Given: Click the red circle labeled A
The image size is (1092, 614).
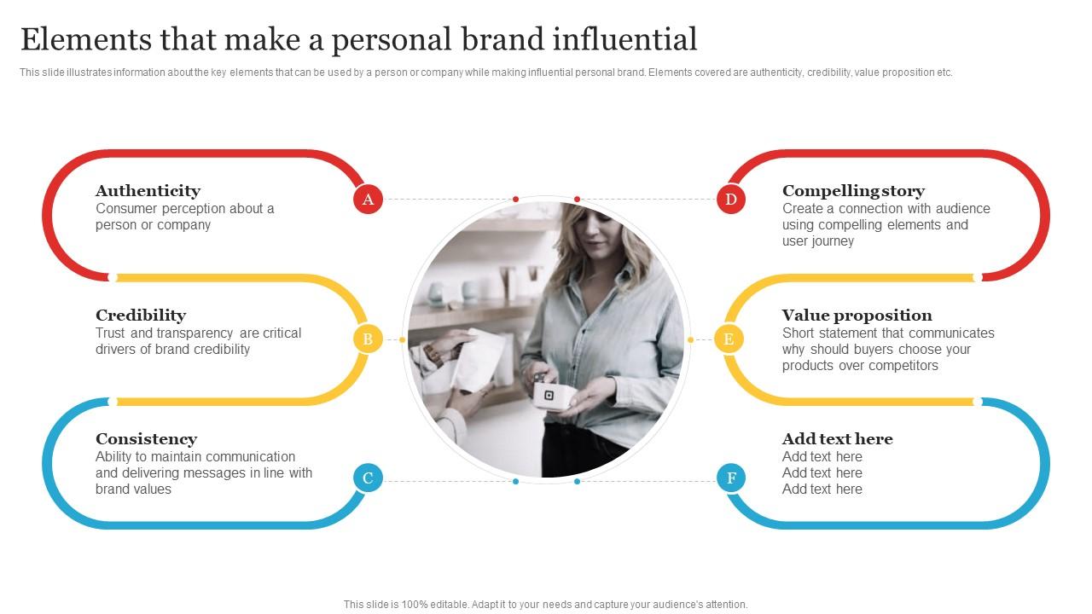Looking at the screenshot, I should click(368, 200).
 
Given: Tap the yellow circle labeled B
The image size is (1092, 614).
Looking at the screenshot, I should click(368, 339).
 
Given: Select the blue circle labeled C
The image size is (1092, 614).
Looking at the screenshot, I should click(368, 478).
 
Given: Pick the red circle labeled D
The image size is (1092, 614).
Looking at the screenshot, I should click(731, 200).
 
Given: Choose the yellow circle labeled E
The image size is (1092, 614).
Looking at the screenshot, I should click(729, 339).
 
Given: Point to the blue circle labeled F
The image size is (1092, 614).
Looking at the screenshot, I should click(731, 478).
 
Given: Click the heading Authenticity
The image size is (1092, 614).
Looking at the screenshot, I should click(148, 191).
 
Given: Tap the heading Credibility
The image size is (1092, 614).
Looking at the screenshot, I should click(141, 316).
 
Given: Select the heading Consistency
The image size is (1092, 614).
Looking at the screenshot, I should click(146, 439).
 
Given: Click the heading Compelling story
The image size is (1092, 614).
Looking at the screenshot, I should click(853, 191).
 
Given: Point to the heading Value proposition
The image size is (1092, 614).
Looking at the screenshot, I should click(857, 316).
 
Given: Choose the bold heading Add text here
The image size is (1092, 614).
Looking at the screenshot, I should click(837, 439).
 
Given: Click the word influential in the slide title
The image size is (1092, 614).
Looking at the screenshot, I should click(624, 39).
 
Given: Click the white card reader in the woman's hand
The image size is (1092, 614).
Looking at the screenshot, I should click(549, 396).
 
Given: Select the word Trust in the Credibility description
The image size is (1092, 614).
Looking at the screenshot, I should click(111, 333).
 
